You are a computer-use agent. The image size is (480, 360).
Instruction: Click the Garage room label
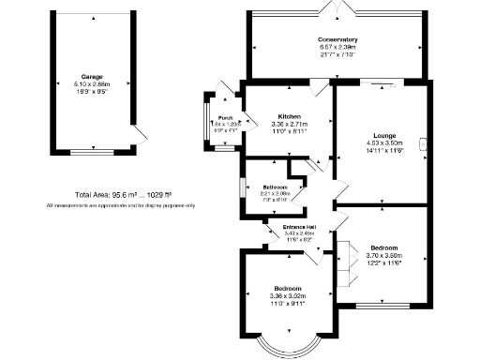[91, 77]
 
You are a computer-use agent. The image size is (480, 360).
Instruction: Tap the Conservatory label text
[338, 39]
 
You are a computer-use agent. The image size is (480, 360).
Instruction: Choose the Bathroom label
[275, 187]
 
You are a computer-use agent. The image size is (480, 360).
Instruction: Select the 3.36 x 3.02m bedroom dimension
[288, 295]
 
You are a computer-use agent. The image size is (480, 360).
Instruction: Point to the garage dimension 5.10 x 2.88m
[91, 84]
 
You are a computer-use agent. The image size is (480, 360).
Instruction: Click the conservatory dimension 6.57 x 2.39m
[338, 47]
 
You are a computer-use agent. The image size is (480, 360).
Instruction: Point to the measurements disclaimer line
[119, 205]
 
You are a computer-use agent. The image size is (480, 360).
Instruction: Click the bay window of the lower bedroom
[287, 349]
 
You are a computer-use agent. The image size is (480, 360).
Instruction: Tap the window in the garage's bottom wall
[91, 150]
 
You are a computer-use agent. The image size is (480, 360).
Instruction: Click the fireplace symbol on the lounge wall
[425, 143]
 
